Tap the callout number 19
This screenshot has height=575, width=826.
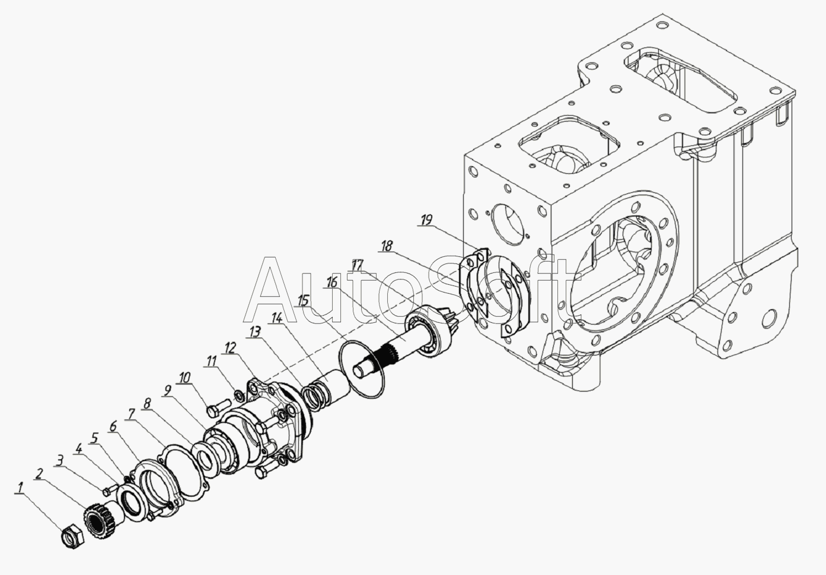(x=426, y=220)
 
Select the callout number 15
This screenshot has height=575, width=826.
(x=303, y=300)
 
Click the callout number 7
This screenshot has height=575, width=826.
(x=130, y=414)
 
